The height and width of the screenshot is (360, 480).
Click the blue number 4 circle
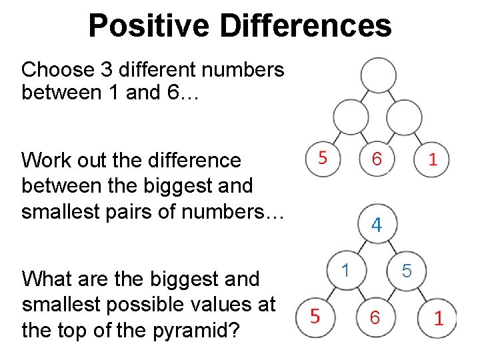coord(377,225)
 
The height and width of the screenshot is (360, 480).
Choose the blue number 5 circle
coord(408,271)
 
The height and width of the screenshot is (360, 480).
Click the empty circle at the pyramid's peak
coord(378,74)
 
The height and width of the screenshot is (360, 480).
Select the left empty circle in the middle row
coord(351,118)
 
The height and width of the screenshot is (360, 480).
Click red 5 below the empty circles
coord(323,159)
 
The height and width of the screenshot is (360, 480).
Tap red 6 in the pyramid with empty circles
coord(377,159)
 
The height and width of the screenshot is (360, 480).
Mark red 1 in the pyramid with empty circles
coord(432,159)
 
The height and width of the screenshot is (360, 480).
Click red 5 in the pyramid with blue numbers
coord(315,315)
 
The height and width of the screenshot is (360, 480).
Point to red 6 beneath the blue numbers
coord(375,319)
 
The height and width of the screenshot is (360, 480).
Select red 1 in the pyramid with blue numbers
coord(438,317)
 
